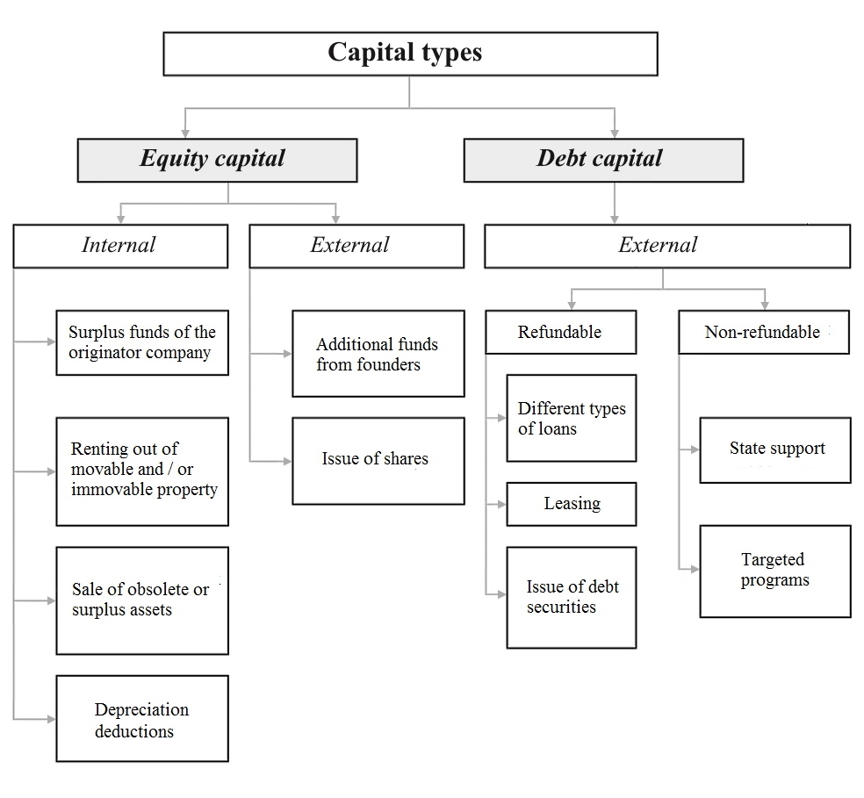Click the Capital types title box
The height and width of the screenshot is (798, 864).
pyautogui.click(x=410, y=54)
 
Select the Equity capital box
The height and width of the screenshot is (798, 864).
pyautogui.click(x=217, y=160)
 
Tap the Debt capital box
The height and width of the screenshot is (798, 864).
pyautogui.click(x=603, y=160)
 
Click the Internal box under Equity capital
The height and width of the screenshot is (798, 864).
pyautogui.click(x=120, y=246)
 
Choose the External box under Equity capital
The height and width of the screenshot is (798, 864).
pyautogui.click(x=356, y=246)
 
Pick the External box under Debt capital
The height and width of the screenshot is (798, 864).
pyautogui.click(x=667, y=246)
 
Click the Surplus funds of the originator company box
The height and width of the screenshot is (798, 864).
pyautogui.click(x=142, y=342)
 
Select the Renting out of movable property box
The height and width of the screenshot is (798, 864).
pyautogui.click(x=142, y=471)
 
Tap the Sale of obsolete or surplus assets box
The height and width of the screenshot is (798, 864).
pyautogui.click(x=142, y=600)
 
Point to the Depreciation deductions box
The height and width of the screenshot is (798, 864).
pyautogui.click(x=142, y=718)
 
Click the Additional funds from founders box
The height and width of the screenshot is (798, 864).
pyautogui.click(x=378, y=354)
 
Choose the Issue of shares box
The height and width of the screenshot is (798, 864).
pyautogui.click(x=378, y=461)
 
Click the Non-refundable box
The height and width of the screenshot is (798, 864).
pyautogui.click(x=764, y=332)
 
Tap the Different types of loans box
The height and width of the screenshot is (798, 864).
pyautogui.click(x=572, y=419)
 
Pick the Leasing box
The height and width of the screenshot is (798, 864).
pyautogui.click(x=572, y=504)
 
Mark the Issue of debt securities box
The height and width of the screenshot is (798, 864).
pyautogui.click(x=572, y=597)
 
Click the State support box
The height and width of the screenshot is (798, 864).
pyautogui.click(x=775, y=449)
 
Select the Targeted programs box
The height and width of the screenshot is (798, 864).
pyautogui.click(x=775, y=571)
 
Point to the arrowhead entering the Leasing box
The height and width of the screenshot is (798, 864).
pyautogui.click(x=502, y=505)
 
